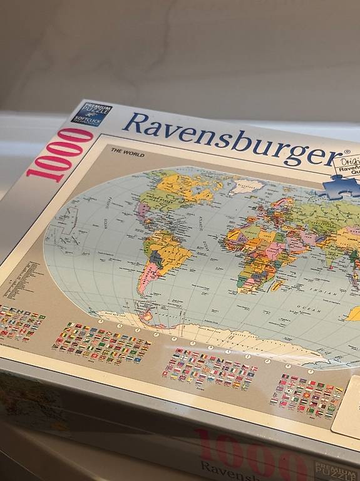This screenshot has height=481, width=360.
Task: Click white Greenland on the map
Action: (246, 185)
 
